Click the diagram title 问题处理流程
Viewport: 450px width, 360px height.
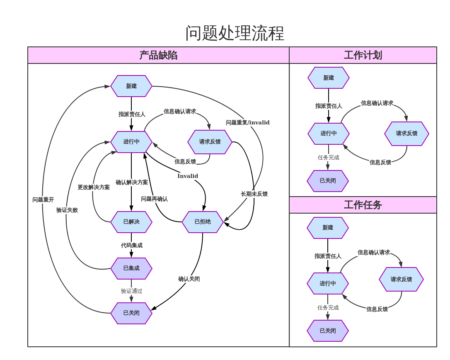click(x=235, y=33)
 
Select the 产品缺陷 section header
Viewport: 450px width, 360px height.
click(x=158, y=55)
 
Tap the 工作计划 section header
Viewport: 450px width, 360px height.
click(x=363, y=55)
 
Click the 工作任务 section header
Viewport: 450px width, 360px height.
click(x=363, y=205)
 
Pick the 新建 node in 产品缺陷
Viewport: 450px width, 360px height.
click(x=131, y=86)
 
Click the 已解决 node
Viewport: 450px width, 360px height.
click(x=131, y=222)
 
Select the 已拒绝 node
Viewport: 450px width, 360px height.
click(x=203, y=222)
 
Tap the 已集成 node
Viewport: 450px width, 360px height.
click(x=131, y=268)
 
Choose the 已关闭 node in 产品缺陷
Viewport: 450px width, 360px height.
click(x=131, y=313)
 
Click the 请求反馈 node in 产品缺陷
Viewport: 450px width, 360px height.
click(x=210, y=142)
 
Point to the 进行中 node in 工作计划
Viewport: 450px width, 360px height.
click(x=329, y=134)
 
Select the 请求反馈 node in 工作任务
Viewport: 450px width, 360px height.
click(x=401, y=280)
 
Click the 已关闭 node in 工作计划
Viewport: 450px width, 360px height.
click(x=328, y=181)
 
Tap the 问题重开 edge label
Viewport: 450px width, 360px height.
click(x=43, y=200)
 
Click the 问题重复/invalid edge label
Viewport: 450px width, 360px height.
click(x=247, y=123)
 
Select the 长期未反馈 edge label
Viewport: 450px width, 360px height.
click(x=254, y=194)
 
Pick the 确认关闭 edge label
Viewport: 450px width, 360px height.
click(x=189, y=279)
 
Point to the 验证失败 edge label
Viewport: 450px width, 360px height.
click(x=67, y=210)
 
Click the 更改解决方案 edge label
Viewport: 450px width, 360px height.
click(x=94, y=187)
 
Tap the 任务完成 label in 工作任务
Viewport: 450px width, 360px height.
click(x=328, y=308)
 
